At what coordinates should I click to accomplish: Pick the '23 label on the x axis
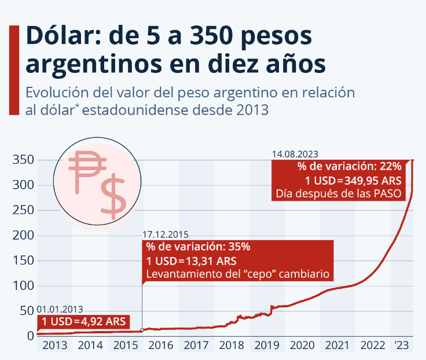coord(402,346)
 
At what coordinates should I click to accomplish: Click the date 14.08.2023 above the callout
coord(295,154)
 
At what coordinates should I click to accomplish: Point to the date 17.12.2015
coord(166,234)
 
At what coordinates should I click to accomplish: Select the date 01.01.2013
coord(60,310)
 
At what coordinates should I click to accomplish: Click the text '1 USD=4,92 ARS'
coord(83,322)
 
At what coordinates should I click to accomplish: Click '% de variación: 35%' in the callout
coord(198,247)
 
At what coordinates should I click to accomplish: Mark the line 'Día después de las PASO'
coord(339,193)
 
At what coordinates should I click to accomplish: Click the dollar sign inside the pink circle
coord(113,196)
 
